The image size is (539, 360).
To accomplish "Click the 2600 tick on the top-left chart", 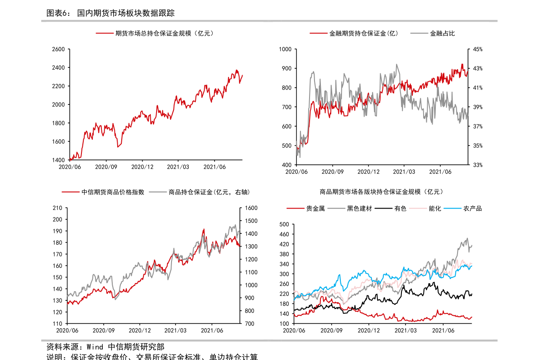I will (58, 49).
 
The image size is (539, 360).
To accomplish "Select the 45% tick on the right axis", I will (477, 49).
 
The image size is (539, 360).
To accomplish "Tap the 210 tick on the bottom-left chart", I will (57, 208).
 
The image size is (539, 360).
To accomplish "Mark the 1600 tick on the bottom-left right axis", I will (251, 208).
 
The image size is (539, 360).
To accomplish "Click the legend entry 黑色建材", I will (359, 208).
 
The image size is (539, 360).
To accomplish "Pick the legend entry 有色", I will (400, 208).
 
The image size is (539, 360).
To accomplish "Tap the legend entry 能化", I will (435, 208).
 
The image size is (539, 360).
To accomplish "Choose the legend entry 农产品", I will (472, 208).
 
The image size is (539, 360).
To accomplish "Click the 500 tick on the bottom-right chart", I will (284, 224).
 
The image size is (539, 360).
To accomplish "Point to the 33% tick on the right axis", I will (477, 165).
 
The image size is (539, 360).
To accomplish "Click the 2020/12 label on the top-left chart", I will (142, 167).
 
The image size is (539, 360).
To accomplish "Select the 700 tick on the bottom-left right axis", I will (249, 324).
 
